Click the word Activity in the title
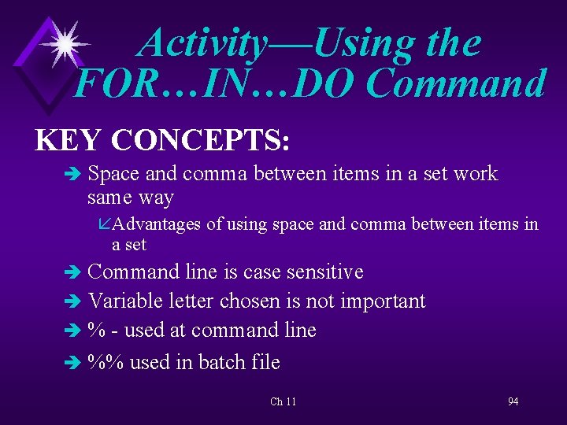(202, 43)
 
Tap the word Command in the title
(456, 84)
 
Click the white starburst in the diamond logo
(64, 44)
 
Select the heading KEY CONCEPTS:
(163, 140)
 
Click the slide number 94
(513, 401)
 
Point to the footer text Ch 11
(283, 401)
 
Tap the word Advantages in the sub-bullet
(156, 225)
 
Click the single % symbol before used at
(95, 331)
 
